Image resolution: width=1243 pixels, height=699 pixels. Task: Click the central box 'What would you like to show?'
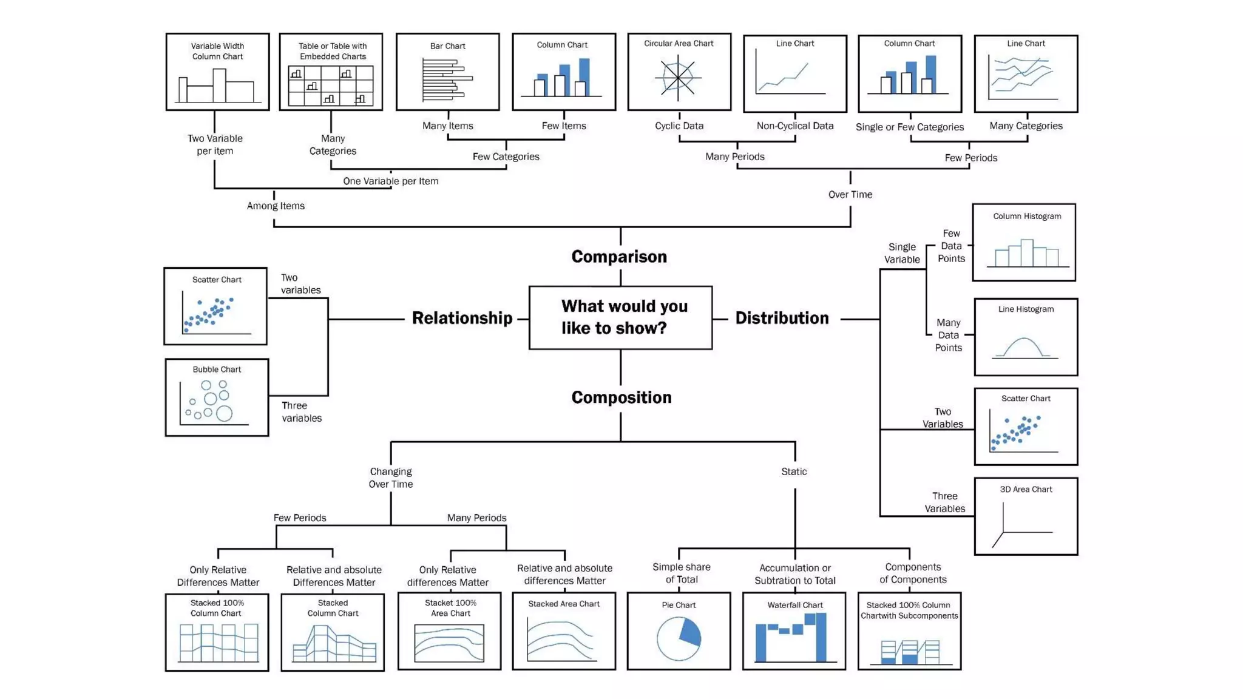[620, 317]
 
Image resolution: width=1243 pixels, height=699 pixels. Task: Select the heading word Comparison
[619, 257]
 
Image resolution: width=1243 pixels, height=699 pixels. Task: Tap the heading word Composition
[621, 397]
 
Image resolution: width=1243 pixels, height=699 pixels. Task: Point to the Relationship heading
[462, 318]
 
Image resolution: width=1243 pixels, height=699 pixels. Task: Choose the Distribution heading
[782, 318]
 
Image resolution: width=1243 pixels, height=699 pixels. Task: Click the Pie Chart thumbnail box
[679, 631]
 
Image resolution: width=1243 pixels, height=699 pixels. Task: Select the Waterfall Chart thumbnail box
[794, 631]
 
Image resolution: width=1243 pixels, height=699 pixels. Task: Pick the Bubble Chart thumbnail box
[217, 397]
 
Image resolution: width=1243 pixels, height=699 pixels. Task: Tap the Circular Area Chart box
[679, 72]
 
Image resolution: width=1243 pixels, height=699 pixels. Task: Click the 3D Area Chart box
[1026, 516]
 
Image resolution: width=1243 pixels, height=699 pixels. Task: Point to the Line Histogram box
[1026, 337]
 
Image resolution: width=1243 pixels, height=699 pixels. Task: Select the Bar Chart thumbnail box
[448, 72]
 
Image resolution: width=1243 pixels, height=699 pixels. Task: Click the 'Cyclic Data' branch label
[679, 126]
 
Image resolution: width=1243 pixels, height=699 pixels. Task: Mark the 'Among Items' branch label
[276, 206]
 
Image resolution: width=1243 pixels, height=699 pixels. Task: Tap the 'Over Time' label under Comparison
[850, 195]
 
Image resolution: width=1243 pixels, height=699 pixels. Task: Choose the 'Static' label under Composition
[794, 471]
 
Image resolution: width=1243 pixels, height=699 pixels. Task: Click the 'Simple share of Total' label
[681, 573]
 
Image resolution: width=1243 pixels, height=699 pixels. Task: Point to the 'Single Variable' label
[902, 253]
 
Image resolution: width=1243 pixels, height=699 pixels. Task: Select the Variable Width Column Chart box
[217, 72]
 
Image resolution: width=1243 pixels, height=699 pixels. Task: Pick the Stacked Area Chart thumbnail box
[564, 631]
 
